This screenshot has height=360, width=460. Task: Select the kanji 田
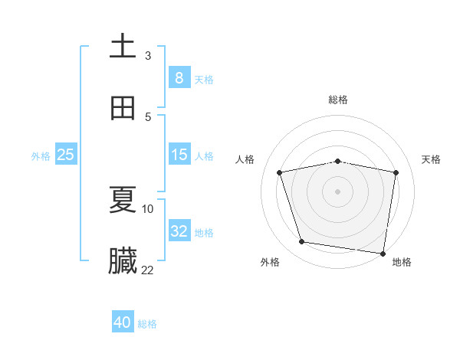tap(123, 108)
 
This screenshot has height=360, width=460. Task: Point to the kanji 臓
tap(123, 261)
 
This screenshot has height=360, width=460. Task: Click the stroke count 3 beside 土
tap(148, 55)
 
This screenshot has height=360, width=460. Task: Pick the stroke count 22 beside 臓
tap(148, 270)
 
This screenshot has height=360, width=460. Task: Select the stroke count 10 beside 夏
tap(148, 208)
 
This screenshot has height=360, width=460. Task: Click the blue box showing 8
tap(179, 77)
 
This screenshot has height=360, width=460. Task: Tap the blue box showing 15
tap(179, 155)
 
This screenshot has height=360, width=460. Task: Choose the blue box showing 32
tap(179, 231)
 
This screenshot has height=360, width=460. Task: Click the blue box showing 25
tap(65, 155)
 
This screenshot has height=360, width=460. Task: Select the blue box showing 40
tap(123, 322)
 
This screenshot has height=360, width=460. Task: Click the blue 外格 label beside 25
tap(41, 155)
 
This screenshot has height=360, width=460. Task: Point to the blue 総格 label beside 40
tap(147, 324)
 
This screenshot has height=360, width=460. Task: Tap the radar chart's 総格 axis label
tap(338, 100)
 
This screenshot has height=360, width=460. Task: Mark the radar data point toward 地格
tap(383, 253)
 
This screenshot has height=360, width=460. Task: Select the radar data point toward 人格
tap(280, 172)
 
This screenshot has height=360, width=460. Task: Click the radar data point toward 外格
tap(302, 242)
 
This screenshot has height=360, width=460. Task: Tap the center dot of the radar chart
tap(338, 191)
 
